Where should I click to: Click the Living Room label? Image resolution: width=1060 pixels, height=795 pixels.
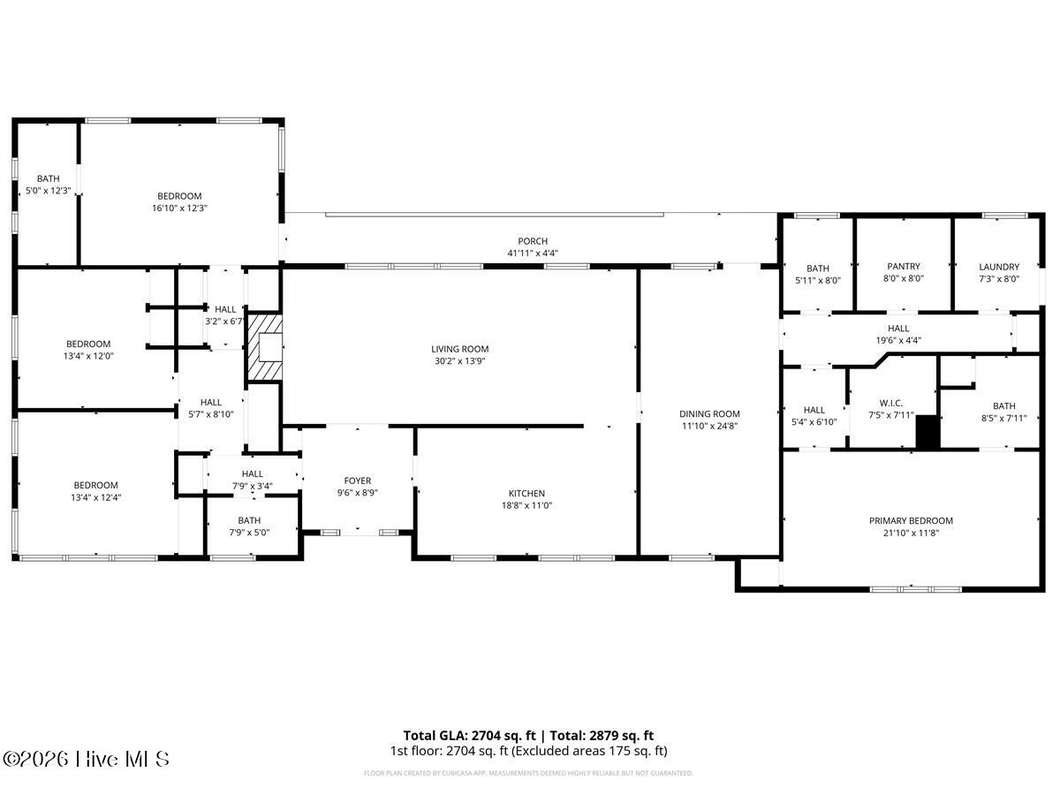click(459, 349)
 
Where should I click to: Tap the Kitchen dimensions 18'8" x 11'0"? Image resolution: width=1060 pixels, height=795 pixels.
click(526, 505)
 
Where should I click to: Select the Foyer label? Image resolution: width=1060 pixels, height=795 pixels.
click(357, 481)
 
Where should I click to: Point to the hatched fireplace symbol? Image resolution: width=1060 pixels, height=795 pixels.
click(264, 346)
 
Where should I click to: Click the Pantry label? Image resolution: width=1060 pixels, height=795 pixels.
click(903, 267)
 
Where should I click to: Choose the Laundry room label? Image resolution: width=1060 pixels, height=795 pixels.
click(998, 267)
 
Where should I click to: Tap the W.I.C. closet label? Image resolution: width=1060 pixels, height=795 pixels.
click(890, 403)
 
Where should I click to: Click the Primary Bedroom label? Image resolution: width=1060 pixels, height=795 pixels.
click(911, 521)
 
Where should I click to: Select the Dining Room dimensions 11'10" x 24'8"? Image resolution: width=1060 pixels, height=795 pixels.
click(709, 426)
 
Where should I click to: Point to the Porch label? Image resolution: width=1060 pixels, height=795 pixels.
click(533, 241)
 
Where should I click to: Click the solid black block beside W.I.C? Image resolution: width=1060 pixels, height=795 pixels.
click(927, 432)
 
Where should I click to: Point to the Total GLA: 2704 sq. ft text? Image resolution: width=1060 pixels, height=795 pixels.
click(469, 735)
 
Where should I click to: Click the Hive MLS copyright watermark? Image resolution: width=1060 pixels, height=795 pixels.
click(86, 759)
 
